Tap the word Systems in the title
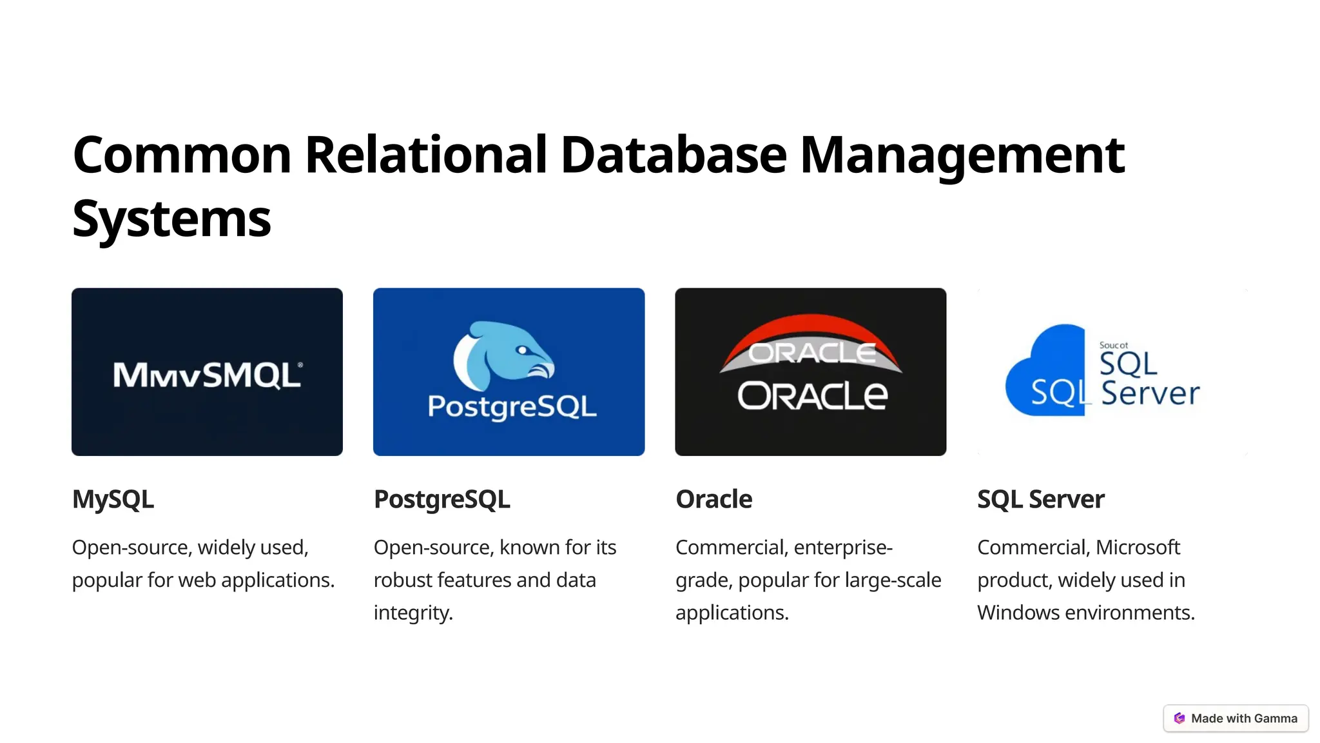click(x=171, y=219)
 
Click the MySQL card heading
click(x=113, y=499)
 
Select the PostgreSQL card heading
click(x=442, y=499)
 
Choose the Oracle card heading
click(x=713, y=499)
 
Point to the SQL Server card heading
click(x=1040, y=499)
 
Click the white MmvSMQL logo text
click(x=207, y=375)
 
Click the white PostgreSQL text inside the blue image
click(x=512, y=406)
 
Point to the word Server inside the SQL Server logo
click(x=1150, y=393)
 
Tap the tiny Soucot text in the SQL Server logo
click(x=1113, y=346)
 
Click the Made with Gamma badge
click(x=1236, y=718)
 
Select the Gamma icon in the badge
click(x=1179, y=718)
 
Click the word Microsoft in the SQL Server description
click(x=1138, y=548)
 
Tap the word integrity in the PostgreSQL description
click(x=412, y=613)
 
